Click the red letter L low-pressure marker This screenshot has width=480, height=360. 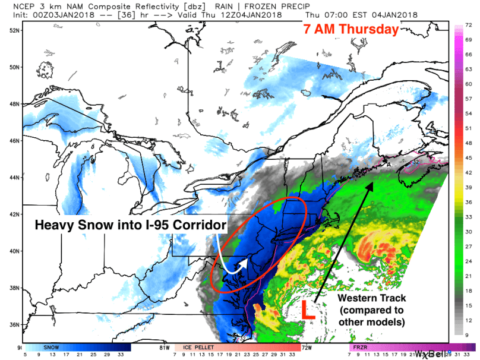coord(308,311)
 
